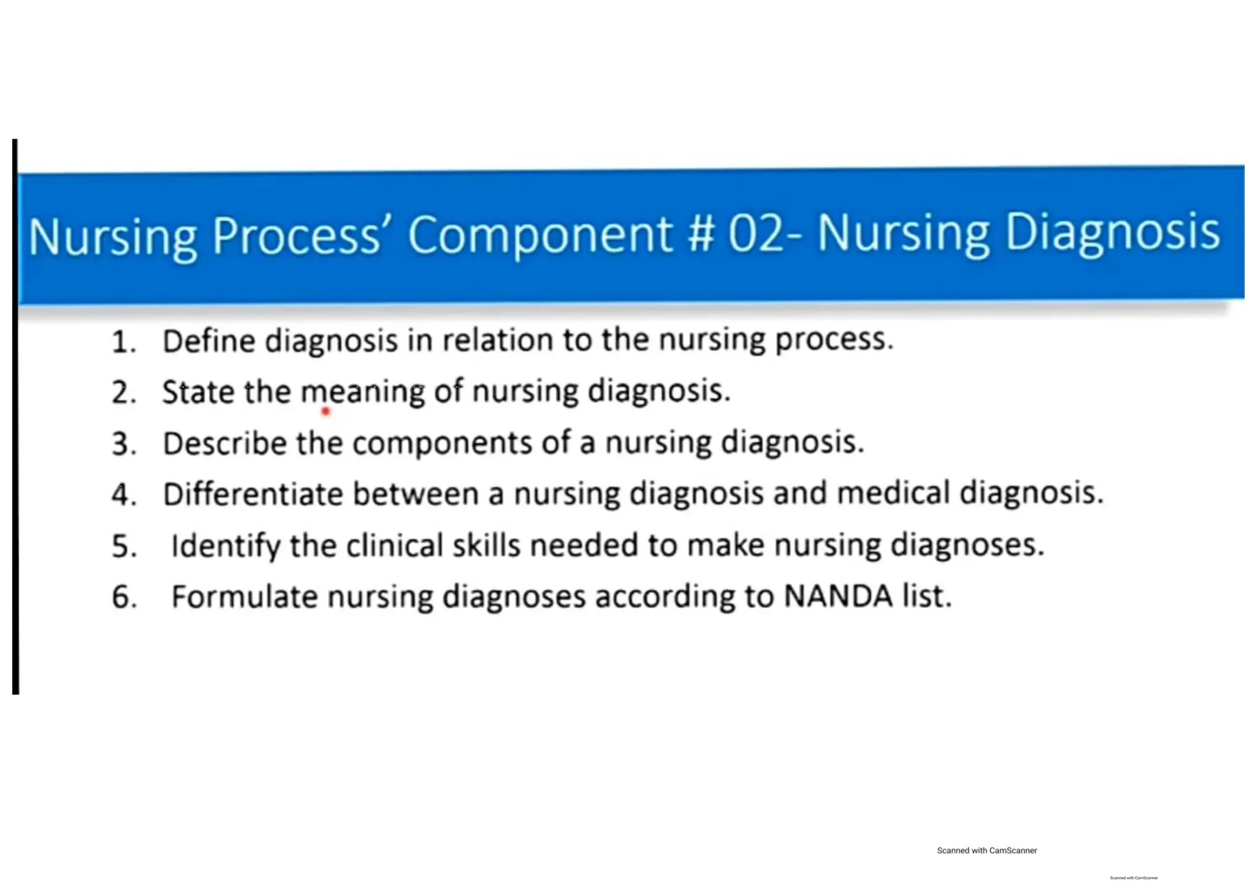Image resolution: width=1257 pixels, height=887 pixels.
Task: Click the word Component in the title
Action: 540,235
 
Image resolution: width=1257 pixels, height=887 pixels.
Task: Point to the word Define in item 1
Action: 209,341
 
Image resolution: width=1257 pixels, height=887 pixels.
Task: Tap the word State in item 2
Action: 198,392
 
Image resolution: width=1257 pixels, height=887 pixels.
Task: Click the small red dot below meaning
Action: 326,412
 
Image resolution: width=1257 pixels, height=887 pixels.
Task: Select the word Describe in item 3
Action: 224,443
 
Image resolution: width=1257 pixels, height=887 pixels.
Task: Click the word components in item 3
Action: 442,443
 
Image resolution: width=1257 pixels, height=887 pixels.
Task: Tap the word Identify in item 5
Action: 225,545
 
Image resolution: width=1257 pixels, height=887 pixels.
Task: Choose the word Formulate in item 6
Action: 244,596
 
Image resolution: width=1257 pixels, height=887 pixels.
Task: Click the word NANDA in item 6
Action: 838,596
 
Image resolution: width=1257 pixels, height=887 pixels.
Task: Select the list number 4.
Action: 123,494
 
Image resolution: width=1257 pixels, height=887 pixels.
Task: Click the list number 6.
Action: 123,597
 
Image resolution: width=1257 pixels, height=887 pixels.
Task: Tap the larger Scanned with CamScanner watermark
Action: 986,850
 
